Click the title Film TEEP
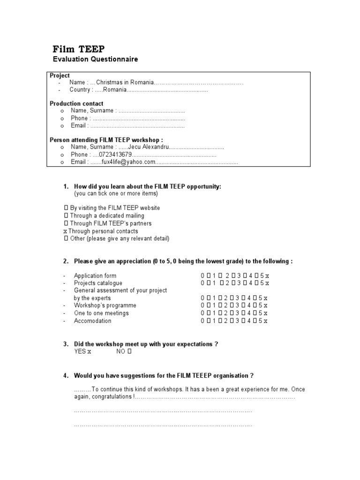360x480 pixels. [78, 49]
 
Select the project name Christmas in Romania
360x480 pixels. [125, 82]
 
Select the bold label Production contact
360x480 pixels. [76, 104]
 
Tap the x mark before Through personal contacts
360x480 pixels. [65, 231]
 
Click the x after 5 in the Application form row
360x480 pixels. [267, 276]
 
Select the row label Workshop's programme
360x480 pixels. [98, 306]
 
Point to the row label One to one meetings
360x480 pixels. [101, 313]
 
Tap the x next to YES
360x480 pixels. [89, 352]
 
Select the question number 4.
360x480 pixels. [66, 375]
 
